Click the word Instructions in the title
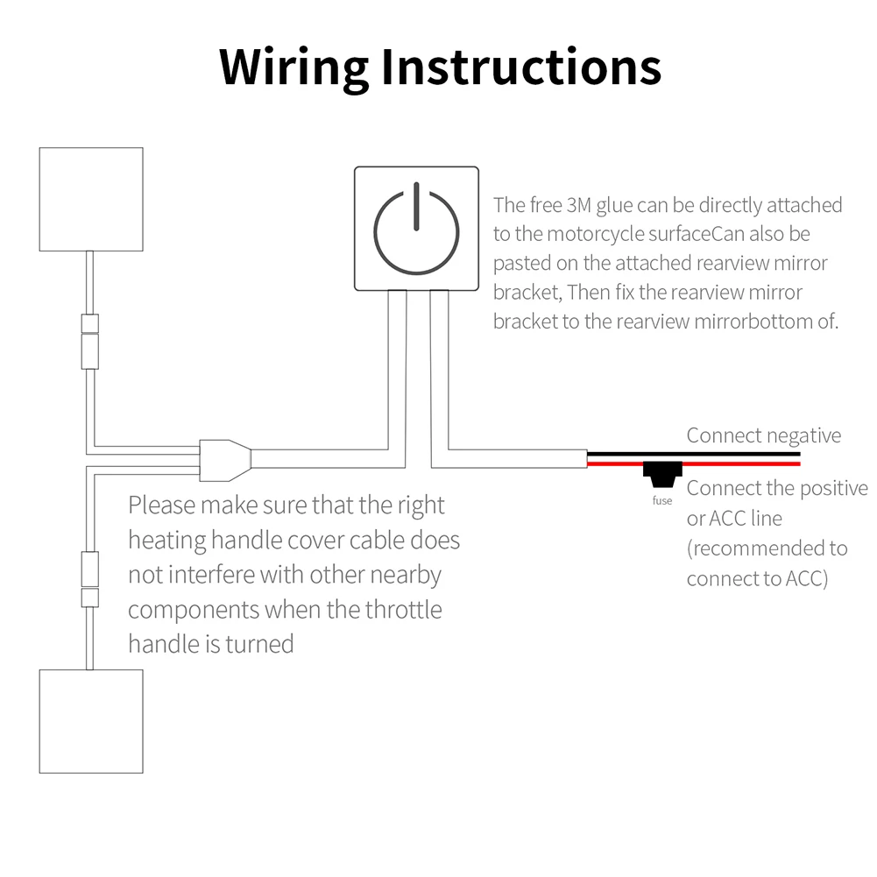[x=521, y=67]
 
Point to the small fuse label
[x=662, y=500]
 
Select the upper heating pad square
[x=91, y=199]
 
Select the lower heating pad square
[x=91, y=721]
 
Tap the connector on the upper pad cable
[x=90, y=342]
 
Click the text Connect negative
[x=763, y=435]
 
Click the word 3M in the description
[x=578, y=205]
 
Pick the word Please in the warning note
[x=162, y=506]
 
